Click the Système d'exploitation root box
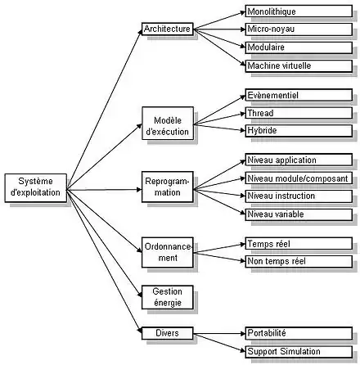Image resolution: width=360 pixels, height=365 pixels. tap(36, 188)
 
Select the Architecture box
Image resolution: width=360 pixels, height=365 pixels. tap(168, 29)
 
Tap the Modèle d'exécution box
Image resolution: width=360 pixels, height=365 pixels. tap(168, 124)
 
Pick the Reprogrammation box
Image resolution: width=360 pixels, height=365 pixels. tap(168, 187)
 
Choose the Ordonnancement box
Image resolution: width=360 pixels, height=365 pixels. tap(168, 252)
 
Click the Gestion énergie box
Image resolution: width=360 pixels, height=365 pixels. tap(168, 297)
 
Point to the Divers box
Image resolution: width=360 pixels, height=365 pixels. tap(168, 333)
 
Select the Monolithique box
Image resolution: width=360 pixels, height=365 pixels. tap(299, 11)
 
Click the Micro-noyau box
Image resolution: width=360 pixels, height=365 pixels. tap(299, 29)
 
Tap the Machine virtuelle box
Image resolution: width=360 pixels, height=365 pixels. tap(299, 66)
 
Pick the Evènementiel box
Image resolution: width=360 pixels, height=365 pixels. tap(299, 95)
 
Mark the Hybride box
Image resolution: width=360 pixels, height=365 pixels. tap(299, 131)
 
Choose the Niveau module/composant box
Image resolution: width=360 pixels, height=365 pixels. tap(299, 178)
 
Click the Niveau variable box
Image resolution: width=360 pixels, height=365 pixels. tap(299, 214)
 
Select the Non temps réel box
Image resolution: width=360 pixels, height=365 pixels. tap(299, 261)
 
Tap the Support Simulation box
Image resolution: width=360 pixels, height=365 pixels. tap(299, 352)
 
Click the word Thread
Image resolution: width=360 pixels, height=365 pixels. tap(260, 113)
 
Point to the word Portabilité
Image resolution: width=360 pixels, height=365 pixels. tap(267, 333)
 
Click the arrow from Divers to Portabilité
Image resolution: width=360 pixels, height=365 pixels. tap(219, 333)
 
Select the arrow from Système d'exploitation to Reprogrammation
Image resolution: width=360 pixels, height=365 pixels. tap(104, 189)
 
